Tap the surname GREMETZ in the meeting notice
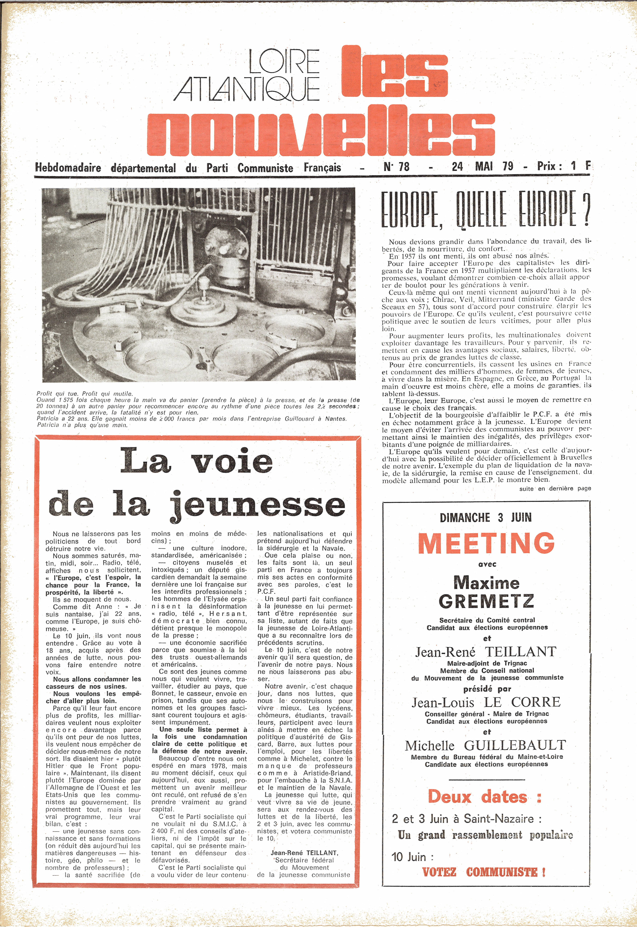[x=486, y=601]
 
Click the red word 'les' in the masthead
[x=395, y=76]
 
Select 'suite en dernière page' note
[x=555, y=488]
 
